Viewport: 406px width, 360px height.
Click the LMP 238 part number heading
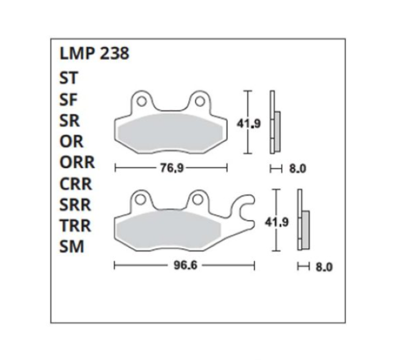pos(94,53)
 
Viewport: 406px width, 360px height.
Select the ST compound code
pos(69,78)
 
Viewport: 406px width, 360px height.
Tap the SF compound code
pos(68,100)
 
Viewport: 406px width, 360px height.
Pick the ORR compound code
pos(77,162)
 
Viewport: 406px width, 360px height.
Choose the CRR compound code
pos(76,184)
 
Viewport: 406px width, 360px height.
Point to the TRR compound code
pos(76,226)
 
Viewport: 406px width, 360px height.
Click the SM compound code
pos(72,246)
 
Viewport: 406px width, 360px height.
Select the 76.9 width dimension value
pos(172,168)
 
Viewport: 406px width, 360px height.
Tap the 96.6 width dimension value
pos(186,265)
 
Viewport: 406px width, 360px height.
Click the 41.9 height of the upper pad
pos(249,124)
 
